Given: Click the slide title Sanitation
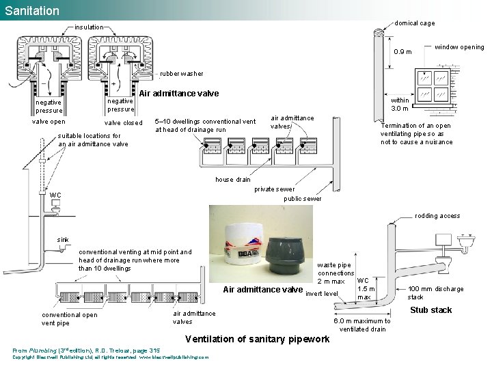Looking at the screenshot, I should pos(32,11).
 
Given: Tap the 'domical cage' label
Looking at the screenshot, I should pos(414,23).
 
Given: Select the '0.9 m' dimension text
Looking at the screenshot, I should pos(402,52).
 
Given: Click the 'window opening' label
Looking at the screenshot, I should pos(459,47).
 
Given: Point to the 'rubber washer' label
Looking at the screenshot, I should pos(181,74).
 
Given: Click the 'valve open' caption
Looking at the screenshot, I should pos(49,122).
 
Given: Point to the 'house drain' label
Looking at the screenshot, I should pos(233,180).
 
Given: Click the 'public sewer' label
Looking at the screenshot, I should pos(302,199).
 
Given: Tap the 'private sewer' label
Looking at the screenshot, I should pos(274,189).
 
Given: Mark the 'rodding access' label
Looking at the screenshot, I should pos(437,216).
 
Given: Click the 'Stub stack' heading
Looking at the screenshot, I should pos(430,310).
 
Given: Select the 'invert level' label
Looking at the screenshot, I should pos(322,294).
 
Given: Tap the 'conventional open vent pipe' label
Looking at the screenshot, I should pos(69,319).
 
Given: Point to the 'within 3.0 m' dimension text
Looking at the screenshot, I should pos(400,104).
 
